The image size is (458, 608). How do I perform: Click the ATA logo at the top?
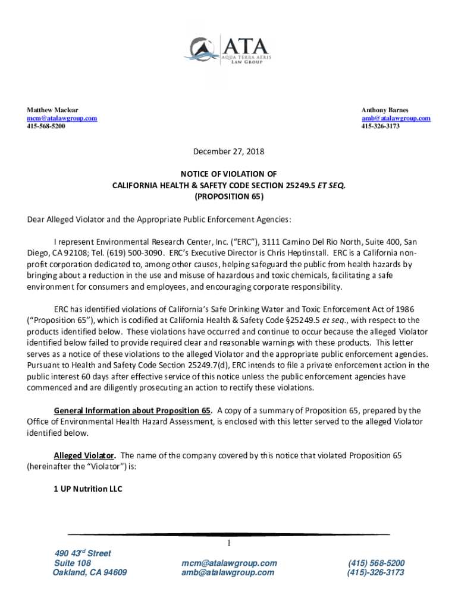(x=228, y=50)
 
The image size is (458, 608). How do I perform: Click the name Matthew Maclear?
(x=52, y=110)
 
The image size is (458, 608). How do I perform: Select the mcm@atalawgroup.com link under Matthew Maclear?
(x=62, y=118)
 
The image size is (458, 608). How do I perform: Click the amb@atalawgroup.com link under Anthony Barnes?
(x=396, y=118)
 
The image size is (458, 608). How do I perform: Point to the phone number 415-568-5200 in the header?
(x=46, y=126)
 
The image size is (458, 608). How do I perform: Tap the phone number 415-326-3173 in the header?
(x=381, y=126)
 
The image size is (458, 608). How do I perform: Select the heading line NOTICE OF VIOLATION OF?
(x=228, y=174)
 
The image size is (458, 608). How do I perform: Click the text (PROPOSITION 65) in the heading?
(x=228, y=197)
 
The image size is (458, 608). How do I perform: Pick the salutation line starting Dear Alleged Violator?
(x=159, y=219)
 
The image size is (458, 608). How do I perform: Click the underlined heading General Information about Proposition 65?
(x=133, y=410)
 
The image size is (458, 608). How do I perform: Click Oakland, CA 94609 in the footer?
(x=90, y=572)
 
